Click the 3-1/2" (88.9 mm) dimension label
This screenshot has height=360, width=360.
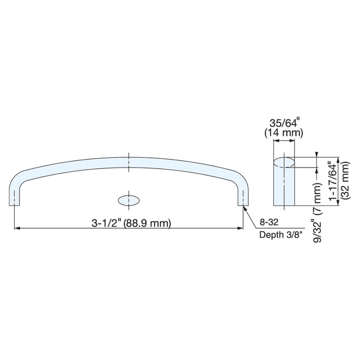(131, 223)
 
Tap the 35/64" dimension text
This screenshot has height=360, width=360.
(284, 124)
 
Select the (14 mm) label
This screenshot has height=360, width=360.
(284, 133)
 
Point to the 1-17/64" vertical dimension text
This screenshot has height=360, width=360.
(333, 181)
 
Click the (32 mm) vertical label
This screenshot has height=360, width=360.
(345, 181)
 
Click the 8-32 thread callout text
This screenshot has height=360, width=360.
(269, 222)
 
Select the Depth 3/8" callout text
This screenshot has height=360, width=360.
(280, 235)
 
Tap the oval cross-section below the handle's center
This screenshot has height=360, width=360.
(128, 200)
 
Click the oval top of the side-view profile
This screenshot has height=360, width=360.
(284, 162)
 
